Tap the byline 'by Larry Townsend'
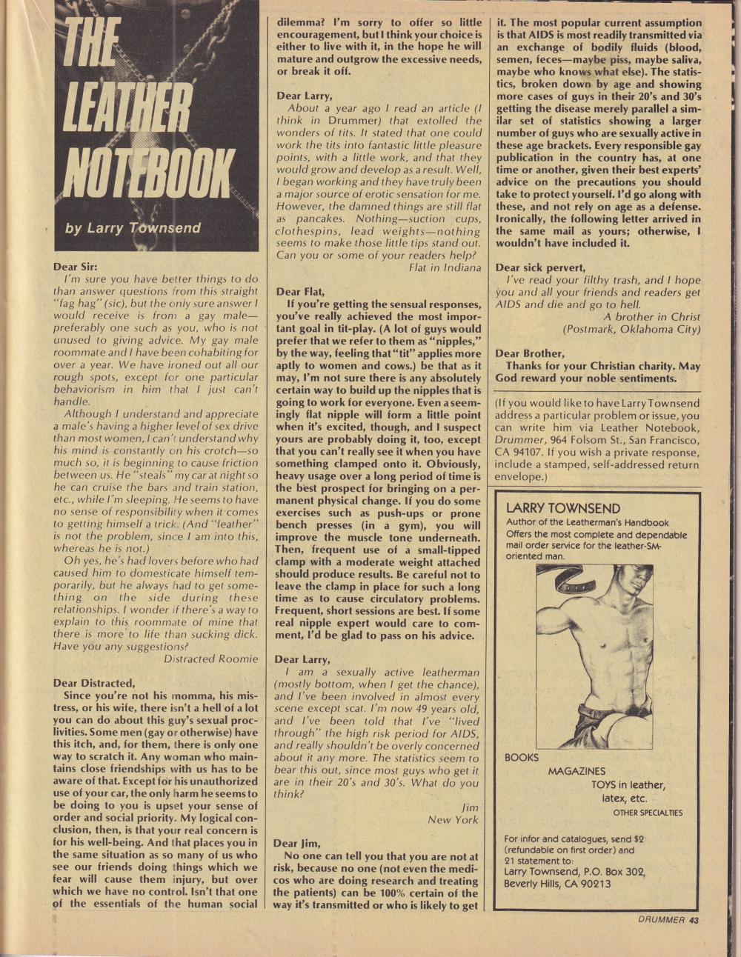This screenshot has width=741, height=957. (x=133, y=227)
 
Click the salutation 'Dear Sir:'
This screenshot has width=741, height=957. (x=76, y=267)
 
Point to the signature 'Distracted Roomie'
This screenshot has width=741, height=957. (x=210, y=658)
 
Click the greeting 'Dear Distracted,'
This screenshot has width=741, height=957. (x=94, y=683)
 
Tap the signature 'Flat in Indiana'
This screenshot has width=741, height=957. (x=445, y=267)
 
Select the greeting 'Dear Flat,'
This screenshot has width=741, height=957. (x=300, y=292)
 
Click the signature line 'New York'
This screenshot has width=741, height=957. (x=453, y=819)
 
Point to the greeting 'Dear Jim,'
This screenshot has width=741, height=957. (x=296, y=844)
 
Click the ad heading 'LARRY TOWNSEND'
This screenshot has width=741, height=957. (x=562, y=508)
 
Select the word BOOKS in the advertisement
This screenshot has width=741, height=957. (x=522, y=758)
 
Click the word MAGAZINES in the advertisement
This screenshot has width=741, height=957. (x=576, y=771)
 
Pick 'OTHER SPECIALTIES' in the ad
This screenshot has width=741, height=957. (x=648, y=813)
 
